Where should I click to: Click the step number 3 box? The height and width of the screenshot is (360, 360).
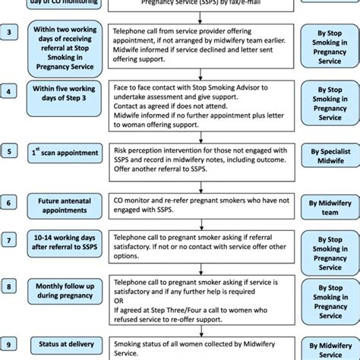click(x=9, y=33)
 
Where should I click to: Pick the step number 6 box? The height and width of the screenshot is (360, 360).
click(x=9, y=202)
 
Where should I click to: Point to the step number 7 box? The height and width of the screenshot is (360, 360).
click(x=9, y=240)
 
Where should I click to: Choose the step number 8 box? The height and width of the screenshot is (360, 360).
click(x=9, y=288)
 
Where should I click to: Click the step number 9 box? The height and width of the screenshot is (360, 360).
click(x=9, y=345)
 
